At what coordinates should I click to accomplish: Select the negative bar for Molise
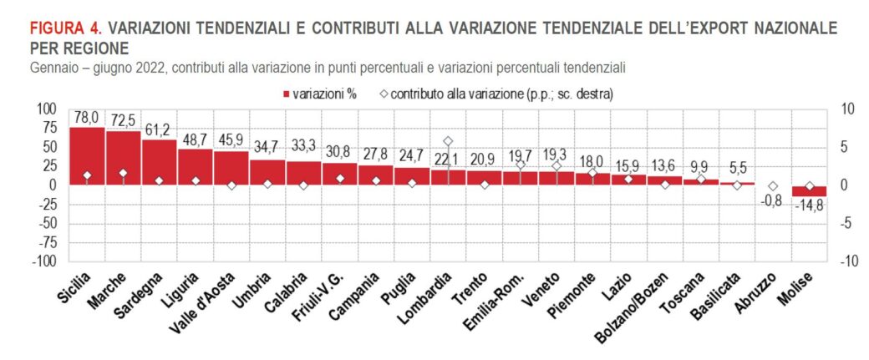(809, 190)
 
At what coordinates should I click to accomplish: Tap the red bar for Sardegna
(159, 162)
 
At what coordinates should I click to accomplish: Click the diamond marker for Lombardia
(448, 141)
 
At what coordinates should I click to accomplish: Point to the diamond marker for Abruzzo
(773, 186)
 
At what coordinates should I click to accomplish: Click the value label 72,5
(123, 122)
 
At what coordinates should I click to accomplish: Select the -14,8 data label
(809, 205)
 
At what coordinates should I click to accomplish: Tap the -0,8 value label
(773, 200)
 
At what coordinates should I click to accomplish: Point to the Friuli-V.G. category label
(318, 302)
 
